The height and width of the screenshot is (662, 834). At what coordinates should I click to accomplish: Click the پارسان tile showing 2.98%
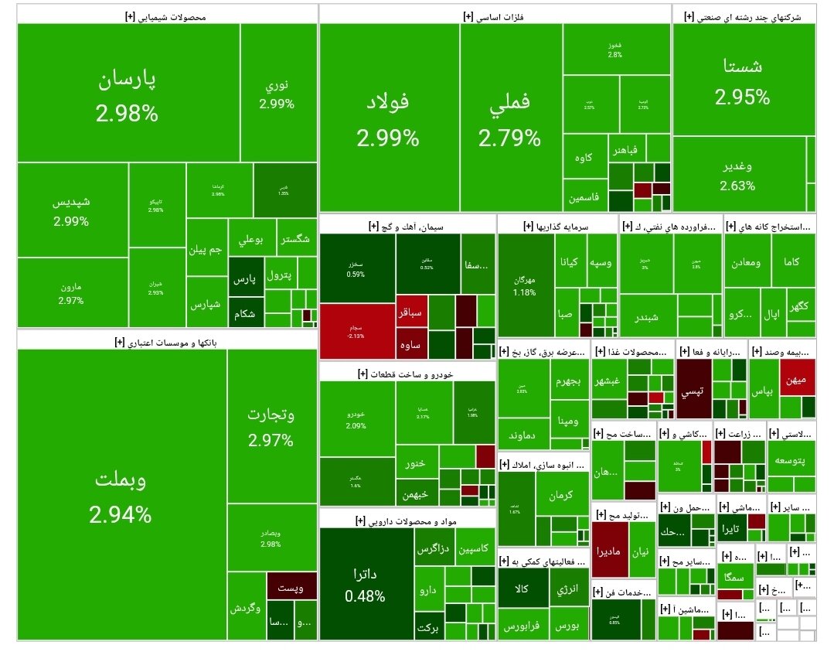tap(127, 93)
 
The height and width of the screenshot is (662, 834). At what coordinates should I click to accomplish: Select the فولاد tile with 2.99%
tap(388, 118)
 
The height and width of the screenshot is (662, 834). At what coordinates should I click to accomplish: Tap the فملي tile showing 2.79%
tap(510, 118)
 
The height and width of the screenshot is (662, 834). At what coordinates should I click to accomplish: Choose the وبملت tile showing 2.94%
tap(121, 495)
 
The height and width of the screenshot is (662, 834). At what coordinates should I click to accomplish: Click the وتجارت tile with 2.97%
tap(271, 425)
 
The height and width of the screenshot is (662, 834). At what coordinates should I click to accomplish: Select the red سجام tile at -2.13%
tap(356, 331)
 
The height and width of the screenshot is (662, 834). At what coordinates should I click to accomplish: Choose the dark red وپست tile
tap(291, 585)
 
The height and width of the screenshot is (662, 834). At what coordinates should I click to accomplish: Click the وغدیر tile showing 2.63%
tap(738, 174)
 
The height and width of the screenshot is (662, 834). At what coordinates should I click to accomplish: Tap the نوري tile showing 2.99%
tap(277, 93)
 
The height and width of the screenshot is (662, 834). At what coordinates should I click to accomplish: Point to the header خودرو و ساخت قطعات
tap(407, 374)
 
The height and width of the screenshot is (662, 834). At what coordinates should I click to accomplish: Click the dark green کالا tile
tap(523, 589)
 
